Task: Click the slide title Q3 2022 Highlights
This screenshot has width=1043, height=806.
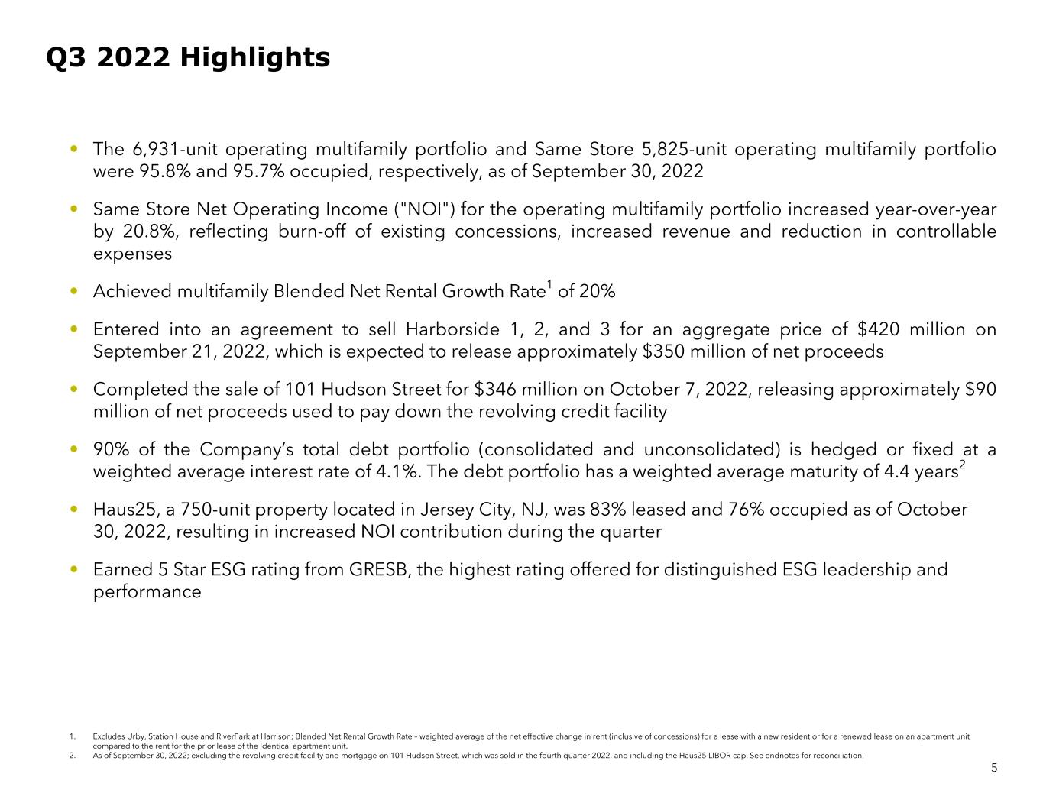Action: [x=188, y=57]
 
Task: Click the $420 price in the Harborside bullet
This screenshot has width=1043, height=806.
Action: [x=878, y=329]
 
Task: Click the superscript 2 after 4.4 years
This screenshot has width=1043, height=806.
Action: [x=962, y=465]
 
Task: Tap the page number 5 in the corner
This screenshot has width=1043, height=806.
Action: [x=994, y=769]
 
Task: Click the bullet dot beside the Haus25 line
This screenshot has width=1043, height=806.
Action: [x=73, y=508]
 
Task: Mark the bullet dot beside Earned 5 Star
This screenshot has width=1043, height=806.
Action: [x=73, y=568]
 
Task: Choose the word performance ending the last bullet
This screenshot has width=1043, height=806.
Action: [x=147, y=592]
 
